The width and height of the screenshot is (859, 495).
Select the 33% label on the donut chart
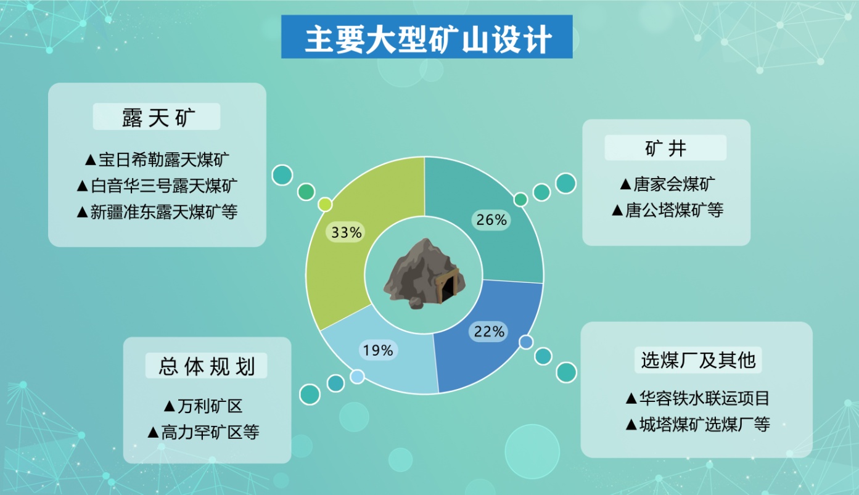(347, 232)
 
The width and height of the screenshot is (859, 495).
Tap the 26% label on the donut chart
(491, 219)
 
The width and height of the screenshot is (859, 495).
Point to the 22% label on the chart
(489, 331)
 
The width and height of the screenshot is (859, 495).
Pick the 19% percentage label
(378, 350)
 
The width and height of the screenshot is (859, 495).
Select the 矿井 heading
(665, 149)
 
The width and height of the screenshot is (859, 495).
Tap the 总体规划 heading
(207, 366)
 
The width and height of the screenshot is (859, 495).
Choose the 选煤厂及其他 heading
(698, 360)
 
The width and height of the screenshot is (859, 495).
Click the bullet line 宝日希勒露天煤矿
(157, 160)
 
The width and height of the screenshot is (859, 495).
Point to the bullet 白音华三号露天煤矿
(157, 186)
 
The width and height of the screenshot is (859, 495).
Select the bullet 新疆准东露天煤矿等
(157, 211)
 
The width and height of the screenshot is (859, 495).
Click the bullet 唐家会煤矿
(667, 184)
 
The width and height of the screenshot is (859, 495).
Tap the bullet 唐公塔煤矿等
(667, 210)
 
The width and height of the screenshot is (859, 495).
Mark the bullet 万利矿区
(203, 406)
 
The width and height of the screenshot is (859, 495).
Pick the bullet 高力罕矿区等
(203, 432)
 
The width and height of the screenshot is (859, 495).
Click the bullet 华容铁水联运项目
(697, 398)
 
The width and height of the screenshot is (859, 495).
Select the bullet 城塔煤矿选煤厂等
(697, 424)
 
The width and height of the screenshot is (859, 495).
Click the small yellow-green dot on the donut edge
(325, 205)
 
